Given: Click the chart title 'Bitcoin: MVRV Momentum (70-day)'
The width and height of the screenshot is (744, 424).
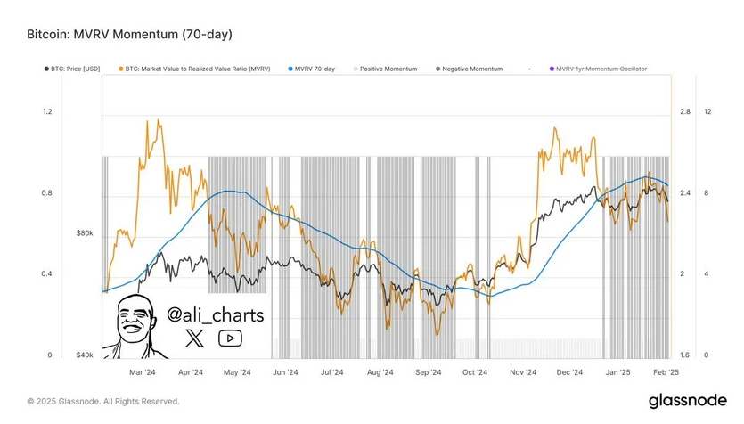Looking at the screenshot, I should pyautogui.click(x=130, y=35).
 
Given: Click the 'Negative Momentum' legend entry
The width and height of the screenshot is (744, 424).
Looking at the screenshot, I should pyautogui.click(x=470, y=69).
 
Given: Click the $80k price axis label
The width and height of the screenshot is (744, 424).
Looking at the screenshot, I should pyautogui.click(x=85, y=233).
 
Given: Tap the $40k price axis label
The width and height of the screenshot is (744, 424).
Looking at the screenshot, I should pyautogui.click(x=85, y=355).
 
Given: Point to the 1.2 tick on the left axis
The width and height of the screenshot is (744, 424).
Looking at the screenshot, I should pyautogui.click(x=47, y=112).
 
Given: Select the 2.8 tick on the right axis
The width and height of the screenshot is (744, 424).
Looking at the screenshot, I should pyautogui.click(x=684, y=112).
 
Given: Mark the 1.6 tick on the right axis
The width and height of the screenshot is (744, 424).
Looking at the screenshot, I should pyautogui.click(x=684, y=355).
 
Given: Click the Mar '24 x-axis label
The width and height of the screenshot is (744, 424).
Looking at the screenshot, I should pyautogui.click(x=143, y=373).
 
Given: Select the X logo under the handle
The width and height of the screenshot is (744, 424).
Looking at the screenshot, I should pyautogui.click(x=196, y=338).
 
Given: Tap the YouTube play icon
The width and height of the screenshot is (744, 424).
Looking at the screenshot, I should pyautogui.click(x=230, y=338).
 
